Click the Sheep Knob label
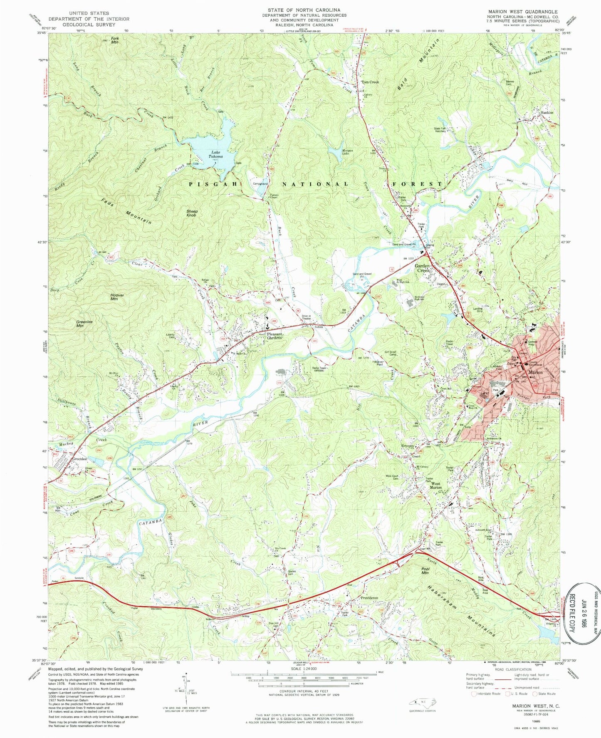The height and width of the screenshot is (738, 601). coord(192,213)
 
